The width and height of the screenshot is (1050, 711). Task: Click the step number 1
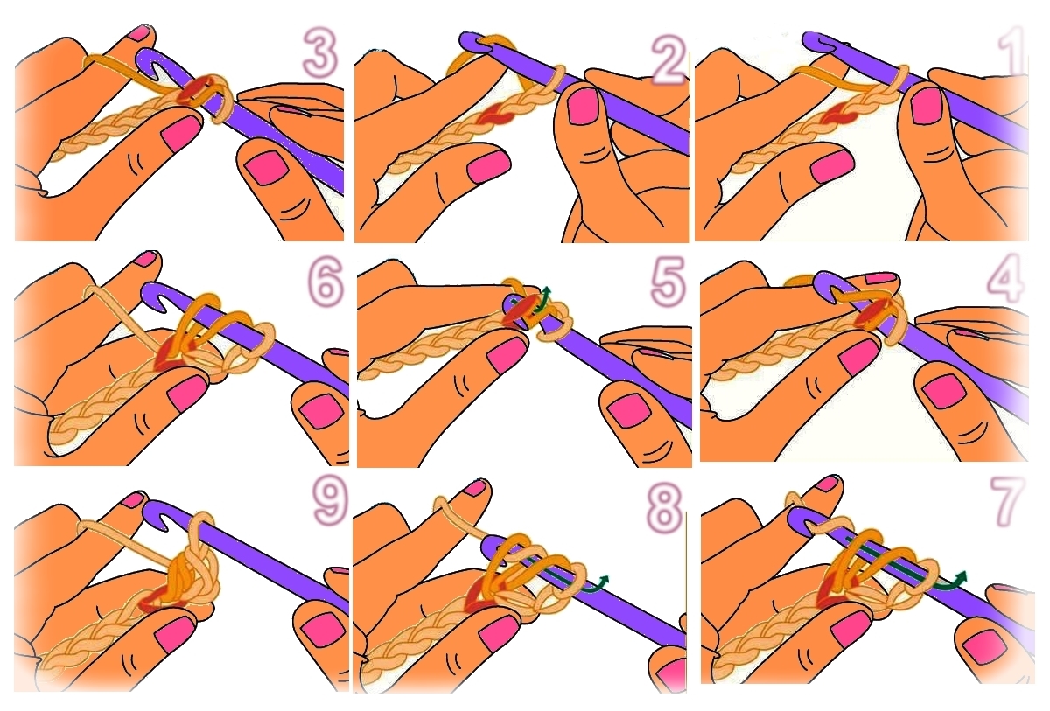[1011, 52]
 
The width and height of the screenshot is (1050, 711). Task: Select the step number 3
[320, 52]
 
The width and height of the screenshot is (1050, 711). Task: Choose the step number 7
[1005, 502]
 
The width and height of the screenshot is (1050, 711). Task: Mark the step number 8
[664, 506]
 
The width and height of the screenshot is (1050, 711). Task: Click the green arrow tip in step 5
[546, 289]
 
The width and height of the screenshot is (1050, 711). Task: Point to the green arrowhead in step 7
[962, 575]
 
